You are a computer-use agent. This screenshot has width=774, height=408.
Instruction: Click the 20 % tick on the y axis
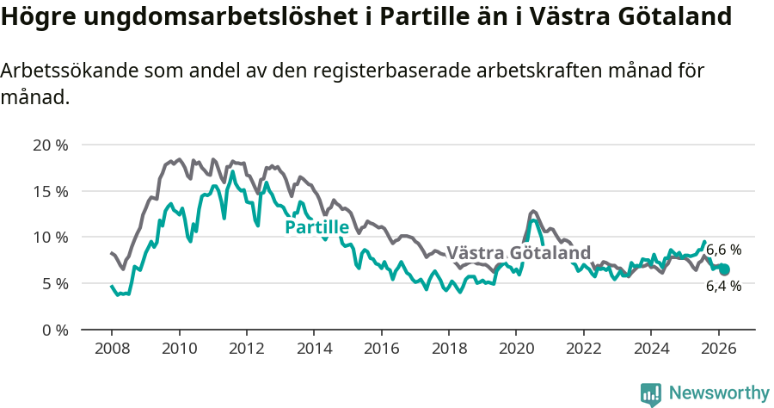click(x=51, y=145)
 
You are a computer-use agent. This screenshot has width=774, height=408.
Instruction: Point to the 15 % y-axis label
click(x=51, y=191)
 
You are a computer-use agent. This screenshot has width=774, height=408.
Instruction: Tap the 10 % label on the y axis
click(x=51, y=237)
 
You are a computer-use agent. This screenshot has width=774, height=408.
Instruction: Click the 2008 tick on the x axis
click(x=112, y=349)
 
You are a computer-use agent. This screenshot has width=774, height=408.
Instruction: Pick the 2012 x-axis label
click(x=246, y=349)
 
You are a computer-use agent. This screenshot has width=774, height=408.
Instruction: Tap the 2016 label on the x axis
click(x=381, y=349)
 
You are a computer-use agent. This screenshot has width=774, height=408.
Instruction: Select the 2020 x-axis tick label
click(x=516, y=349)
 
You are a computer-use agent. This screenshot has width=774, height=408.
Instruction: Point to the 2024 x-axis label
click(x=651, y=349)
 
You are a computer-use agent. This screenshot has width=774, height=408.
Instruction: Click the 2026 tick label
click(x=718, y=349)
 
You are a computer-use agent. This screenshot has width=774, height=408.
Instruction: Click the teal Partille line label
click(x=316, y=227)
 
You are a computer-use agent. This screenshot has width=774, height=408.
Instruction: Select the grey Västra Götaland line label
click(x=519, y=253)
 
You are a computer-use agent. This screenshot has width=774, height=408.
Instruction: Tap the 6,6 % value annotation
click(x=723, y=250)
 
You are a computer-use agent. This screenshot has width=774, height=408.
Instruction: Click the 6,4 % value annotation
click(x=723, y=287)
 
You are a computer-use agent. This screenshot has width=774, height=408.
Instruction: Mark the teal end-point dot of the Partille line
click(x=724, y=269)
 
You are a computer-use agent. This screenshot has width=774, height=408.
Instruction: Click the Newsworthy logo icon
click(x=651, y=393)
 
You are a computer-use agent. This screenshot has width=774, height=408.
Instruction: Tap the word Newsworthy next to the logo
click(x=719, y=393)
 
